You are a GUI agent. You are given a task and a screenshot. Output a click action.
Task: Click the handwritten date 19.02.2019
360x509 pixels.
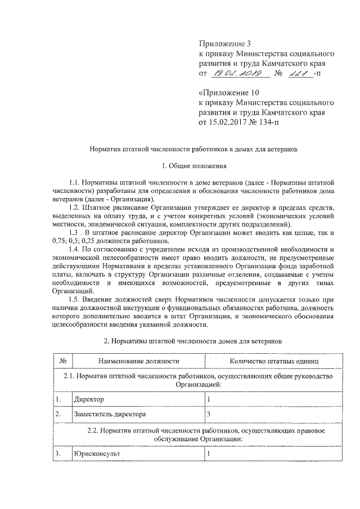(234, 74)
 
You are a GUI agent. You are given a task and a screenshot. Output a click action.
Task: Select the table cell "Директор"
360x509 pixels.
(89, 399)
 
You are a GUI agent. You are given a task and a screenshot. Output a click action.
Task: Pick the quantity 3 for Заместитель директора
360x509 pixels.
(209, 415)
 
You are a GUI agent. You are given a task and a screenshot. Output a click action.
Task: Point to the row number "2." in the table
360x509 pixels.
(58, 415)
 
